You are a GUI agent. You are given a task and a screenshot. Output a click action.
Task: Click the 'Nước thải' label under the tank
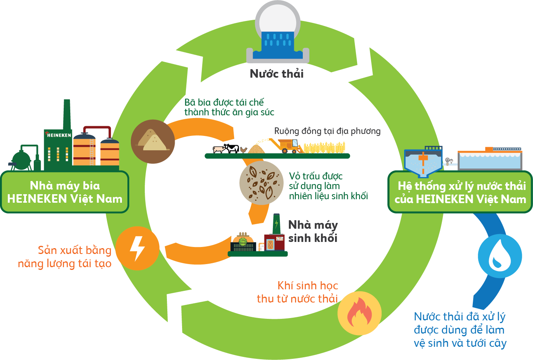(276, 74)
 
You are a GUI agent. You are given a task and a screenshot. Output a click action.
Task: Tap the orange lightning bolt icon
(137, 248)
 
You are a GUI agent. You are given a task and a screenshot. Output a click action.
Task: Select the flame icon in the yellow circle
(359, 313)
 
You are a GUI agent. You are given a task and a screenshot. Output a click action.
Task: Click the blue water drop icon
(500, 256)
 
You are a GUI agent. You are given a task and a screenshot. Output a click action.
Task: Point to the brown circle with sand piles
(153, 141)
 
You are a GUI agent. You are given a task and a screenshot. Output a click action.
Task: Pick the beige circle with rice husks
(262, 183)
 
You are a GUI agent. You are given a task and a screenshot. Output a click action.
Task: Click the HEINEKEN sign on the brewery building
(59, 135)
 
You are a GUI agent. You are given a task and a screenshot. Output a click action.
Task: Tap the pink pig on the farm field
(219, 149)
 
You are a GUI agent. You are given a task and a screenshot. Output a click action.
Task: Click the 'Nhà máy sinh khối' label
(313, 231)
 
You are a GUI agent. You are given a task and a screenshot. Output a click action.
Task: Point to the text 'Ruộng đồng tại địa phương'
(327, 131)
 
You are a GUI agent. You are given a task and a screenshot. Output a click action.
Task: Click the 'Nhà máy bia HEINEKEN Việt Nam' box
(65, 192)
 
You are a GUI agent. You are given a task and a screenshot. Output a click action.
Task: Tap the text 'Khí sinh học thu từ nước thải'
(298, 292)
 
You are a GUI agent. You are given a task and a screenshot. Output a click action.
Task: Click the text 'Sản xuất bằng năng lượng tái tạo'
(65, 257)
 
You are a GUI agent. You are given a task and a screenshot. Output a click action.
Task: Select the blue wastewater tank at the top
(278, 45)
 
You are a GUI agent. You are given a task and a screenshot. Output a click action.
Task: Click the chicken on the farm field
(243, 150)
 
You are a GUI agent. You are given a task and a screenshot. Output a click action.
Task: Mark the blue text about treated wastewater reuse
(460, 330)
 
